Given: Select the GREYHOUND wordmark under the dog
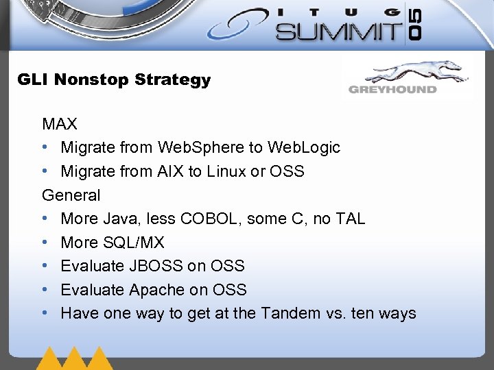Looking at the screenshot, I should coord(392,89).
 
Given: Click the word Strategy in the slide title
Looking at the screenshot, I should coord(173,79).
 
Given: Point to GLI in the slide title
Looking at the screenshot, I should coord(33,79).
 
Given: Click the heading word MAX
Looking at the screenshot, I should coord(60,124).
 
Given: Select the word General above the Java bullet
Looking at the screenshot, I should coord(71,195).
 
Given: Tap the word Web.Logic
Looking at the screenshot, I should coord(304,147).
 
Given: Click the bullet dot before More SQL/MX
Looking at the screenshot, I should coord(45,243).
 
